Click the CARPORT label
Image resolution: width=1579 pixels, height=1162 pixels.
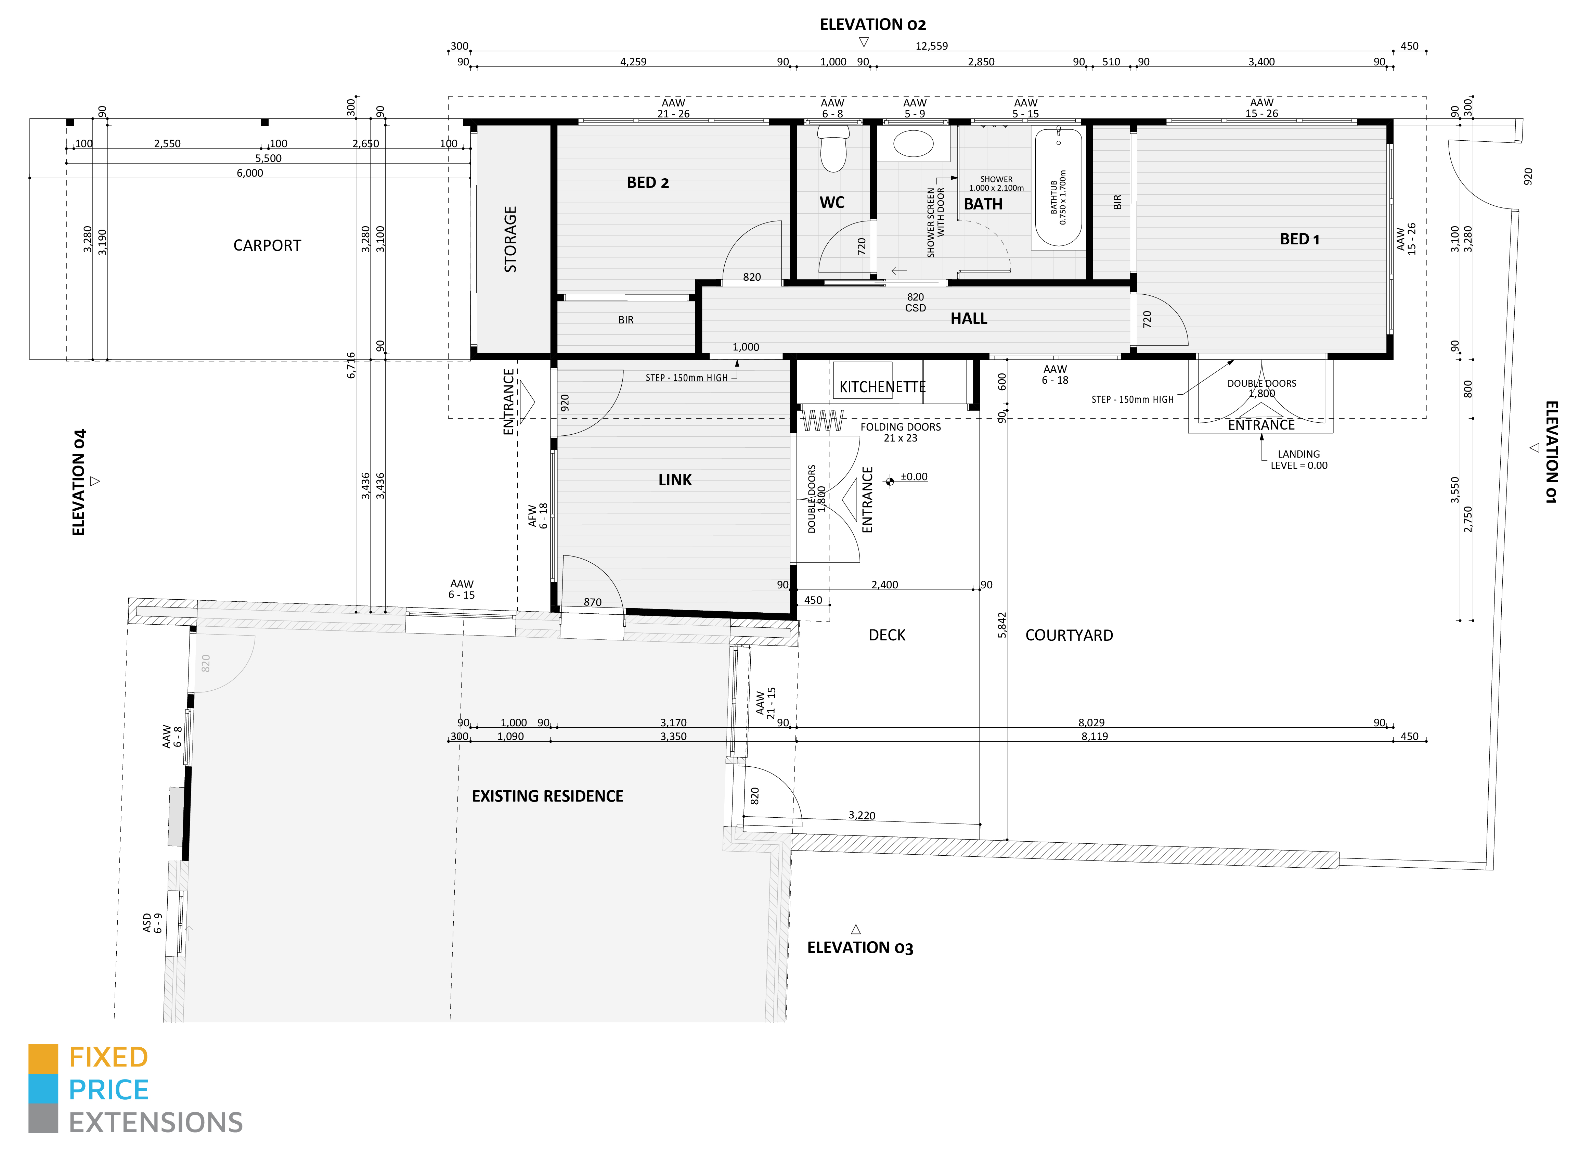pos(267,245)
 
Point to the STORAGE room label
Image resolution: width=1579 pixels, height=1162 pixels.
pos(510,239)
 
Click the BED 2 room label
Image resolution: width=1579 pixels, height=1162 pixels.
pos(647,183)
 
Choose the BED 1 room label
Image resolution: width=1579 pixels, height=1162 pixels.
pos(1299,239)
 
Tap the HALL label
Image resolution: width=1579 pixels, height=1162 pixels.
pos(969,319)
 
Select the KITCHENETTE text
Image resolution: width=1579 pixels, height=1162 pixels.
pos(882,387)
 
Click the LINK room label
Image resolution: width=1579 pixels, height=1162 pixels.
pos(675,480)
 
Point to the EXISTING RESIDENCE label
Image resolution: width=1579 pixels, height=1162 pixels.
pos(547,796)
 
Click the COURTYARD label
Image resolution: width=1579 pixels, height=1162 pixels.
pos(1069,635)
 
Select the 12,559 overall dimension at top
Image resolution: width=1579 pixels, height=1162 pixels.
pos(932,46)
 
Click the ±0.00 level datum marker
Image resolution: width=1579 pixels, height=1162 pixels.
pos(890,481)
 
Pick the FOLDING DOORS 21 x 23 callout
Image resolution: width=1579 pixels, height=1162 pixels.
pos(901,432)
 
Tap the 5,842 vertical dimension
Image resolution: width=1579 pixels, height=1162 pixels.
pos(1002,625)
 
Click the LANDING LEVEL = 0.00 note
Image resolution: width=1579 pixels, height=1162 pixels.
pos(1298,459)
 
